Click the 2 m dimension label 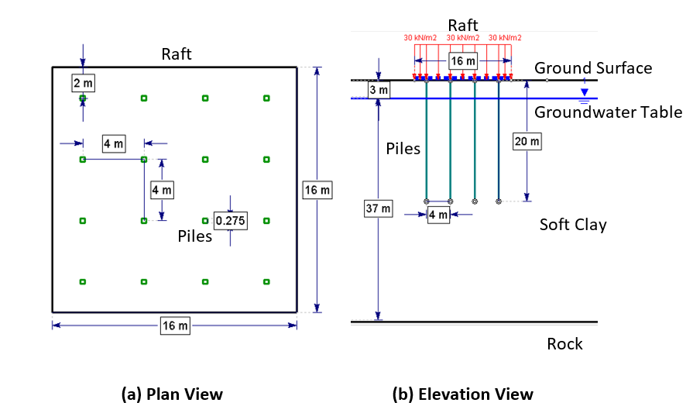point(83,81)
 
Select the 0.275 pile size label point(230,221)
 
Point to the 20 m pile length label point(527,141)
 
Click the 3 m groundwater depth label point(378,91)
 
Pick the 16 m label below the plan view point(174,325)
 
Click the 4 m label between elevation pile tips point(438,215)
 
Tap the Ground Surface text point(592,68)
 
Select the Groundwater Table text point(608,112)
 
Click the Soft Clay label point(573,225)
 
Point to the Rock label point(564,344)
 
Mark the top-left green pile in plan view point(83,98)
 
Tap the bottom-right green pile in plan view point(266,281)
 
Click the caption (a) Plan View point(172,394)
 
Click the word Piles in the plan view point(195,236)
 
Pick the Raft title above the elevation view point(464,26)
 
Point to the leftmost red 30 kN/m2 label point(420,37)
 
